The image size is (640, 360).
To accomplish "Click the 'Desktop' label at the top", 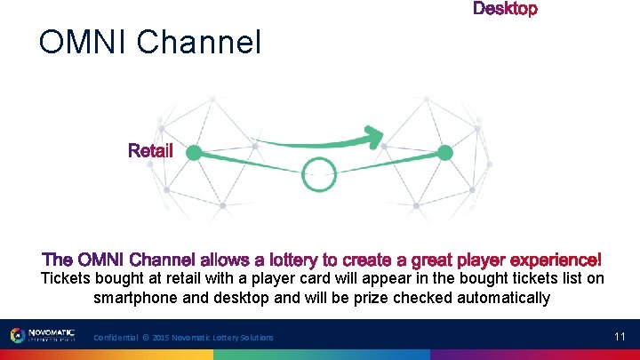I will [x=505, y=9].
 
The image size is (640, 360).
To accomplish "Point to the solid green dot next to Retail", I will [x=193, y=153].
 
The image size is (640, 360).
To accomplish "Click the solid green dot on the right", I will [x=445, y=153].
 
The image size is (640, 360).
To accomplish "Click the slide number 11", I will [x=620, y=336].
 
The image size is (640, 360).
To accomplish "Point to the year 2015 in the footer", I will [x=162, y=338].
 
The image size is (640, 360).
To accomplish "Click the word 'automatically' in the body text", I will [x=503, y=298].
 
